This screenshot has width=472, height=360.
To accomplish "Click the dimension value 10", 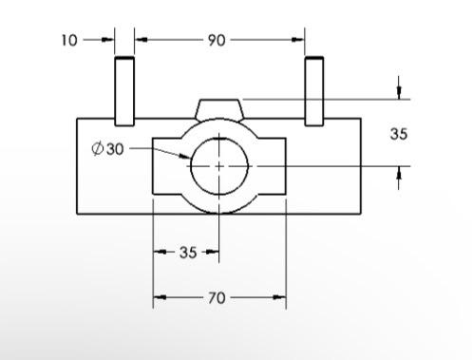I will [x=69, y=40].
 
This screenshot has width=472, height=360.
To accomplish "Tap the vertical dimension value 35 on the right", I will [x=399, y=134].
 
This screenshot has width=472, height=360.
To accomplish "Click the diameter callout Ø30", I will [x=107, y=149].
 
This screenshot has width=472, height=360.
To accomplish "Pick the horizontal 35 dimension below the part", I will [x=188, y=253].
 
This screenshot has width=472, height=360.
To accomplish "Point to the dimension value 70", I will [x=217, y=298].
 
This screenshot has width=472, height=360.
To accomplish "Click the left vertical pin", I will [x=124, y=90].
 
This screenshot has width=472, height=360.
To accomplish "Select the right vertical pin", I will [x=314, y=90].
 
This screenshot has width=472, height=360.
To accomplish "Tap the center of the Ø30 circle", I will [x=219, y=165].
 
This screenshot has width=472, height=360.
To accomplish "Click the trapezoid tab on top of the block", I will [x=220, y=108].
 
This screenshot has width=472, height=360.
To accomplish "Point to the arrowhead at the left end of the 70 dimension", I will [x=159, y=298].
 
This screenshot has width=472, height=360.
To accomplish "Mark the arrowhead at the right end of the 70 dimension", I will [x=280, y=298].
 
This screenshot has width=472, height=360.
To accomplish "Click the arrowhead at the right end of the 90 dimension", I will [x=299, y=40].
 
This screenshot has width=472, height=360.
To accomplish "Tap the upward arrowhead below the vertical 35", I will [x=399, y=171].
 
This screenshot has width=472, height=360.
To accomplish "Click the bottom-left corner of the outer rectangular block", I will [x=77, y=214].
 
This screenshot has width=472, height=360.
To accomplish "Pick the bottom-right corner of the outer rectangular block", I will [x=362, y=214].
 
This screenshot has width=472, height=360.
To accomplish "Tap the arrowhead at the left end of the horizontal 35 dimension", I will [x=159, y=253].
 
